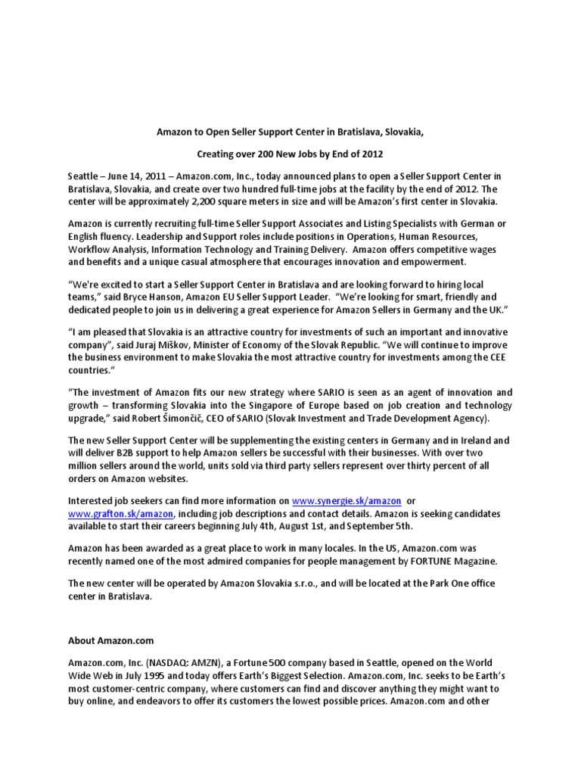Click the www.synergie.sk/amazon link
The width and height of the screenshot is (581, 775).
point(347,501)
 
